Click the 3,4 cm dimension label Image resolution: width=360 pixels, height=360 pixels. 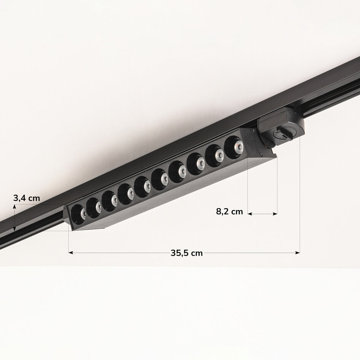click(26, 198)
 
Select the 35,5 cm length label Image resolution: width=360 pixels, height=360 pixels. click(187, 253)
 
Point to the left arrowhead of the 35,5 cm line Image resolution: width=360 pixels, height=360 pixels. click(70, 252)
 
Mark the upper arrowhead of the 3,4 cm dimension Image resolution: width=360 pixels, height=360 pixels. click(14, 206)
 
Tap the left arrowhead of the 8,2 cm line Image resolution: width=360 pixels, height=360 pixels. click(250, 214)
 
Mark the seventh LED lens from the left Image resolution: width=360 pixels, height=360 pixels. click(178, 171)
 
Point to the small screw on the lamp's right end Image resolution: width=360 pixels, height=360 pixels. click(260, 154)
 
